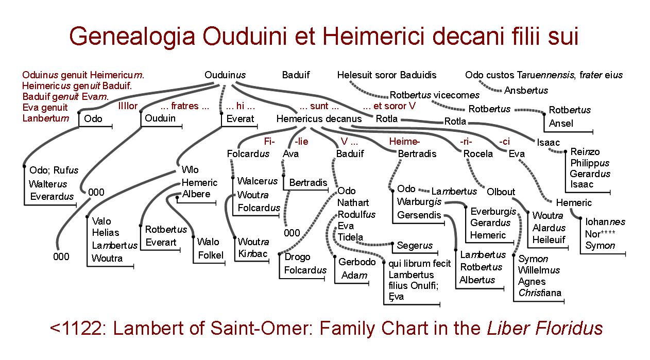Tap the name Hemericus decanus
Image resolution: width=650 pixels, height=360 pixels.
point(319,119)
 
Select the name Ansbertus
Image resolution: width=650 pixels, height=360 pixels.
point(526,91)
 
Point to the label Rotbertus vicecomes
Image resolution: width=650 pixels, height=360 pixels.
point(434,95)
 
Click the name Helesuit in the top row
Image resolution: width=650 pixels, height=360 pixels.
point(354,75)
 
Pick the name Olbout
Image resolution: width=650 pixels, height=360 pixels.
point(501,192)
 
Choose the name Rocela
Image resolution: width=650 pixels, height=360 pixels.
point(477,154)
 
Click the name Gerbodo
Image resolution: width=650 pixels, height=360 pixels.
point(357,262)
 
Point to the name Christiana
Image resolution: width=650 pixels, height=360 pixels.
point(539,294)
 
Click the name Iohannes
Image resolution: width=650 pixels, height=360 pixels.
point(605,222)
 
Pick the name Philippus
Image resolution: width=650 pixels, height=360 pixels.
point(590,163)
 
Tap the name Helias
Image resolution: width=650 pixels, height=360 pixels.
point(106,233)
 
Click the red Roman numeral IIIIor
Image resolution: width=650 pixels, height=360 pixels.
point(128,107)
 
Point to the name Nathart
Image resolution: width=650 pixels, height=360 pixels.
point(353,203)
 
